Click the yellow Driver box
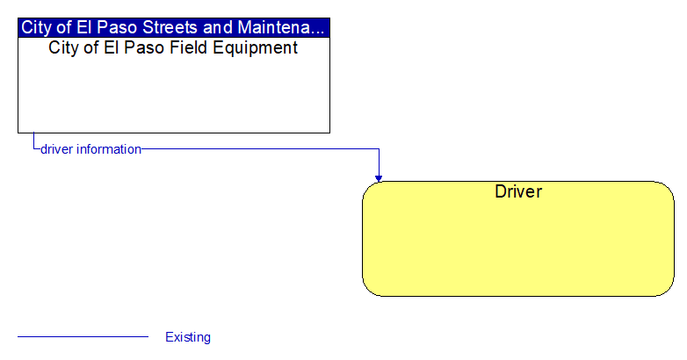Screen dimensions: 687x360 (517, 239)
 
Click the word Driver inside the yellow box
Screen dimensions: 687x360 (518, 191)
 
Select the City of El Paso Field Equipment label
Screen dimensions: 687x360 (173, 48)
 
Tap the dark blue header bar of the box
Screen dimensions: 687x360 (174, 27)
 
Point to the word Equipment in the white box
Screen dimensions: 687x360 (256, 48)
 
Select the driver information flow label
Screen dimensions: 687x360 (90, 149)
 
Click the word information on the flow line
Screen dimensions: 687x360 (109, 149)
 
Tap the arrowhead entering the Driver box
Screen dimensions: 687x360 (379, 178)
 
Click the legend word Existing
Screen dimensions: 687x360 (188, 337)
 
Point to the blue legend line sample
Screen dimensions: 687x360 (83, 337)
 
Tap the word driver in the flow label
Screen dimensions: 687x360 (56, 149)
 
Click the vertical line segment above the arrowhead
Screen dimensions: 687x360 (379, 162)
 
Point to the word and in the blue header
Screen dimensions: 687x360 (218, 27)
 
